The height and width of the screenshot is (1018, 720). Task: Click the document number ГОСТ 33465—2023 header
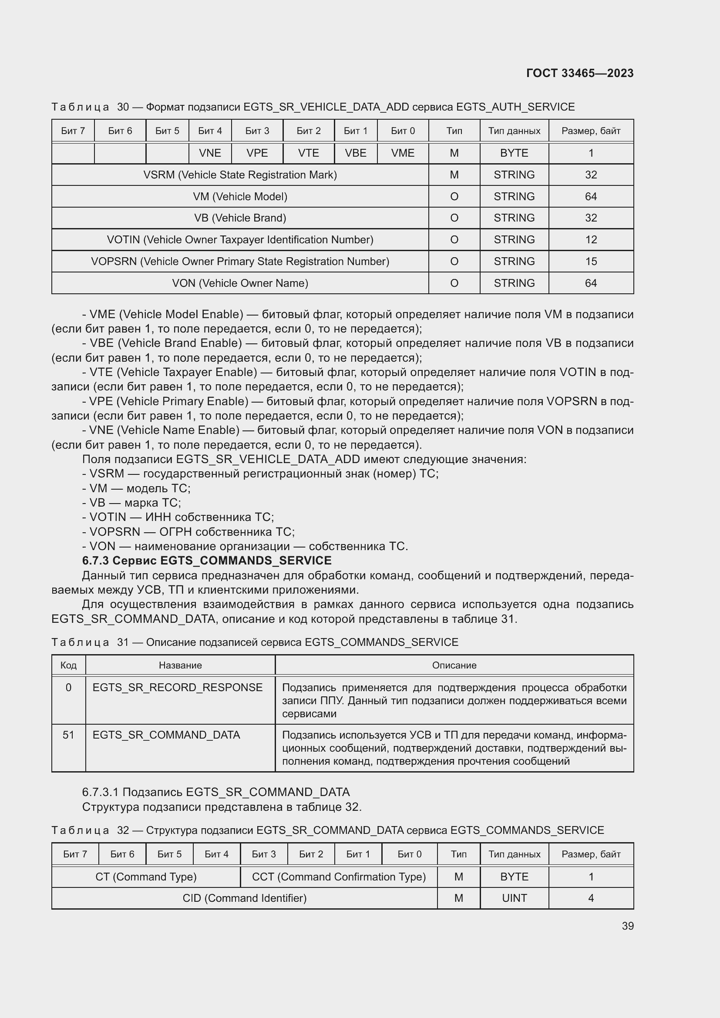click(579, 73)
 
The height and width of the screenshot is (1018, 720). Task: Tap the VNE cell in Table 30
click(210, 153)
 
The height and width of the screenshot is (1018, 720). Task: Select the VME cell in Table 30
click(402, 153)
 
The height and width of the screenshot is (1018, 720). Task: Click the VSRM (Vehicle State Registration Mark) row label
click(240, 175)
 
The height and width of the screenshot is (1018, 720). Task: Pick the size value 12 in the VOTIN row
click(591, 240)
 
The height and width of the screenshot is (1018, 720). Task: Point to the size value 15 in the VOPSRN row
click(591, 262)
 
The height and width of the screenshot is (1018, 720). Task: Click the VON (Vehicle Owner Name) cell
click(240, 283)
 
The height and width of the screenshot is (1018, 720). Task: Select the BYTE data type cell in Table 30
click(514, 153)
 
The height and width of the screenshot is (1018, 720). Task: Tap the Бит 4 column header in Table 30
click(210, 131)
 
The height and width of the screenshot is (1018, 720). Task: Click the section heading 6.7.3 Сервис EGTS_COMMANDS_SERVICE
click(207, 561)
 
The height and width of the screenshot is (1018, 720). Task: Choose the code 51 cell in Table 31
click(68, 735)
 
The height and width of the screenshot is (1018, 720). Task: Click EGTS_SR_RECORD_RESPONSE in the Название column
click(177, 688)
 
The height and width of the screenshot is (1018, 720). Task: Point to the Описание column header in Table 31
click(454, 665)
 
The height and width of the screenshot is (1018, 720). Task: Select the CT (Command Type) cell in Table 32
click(146, 877)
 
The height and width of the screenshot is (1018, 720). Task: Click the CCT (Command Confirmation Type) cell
click(339, 877)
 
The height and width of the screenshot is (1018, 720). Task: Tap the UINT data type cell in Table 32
click(514, 898)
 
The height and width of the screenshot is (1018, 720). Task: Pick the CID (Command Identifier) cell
click(244, 898)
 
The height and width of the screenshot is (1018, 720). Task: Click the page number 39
click(627, 926)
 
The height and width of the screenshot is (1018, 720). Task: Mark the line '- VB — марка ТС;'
click(131, 503)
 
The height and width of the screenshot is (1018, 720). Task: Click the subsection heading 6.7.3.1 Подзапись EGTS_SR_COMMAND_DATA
click(216, 792)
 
